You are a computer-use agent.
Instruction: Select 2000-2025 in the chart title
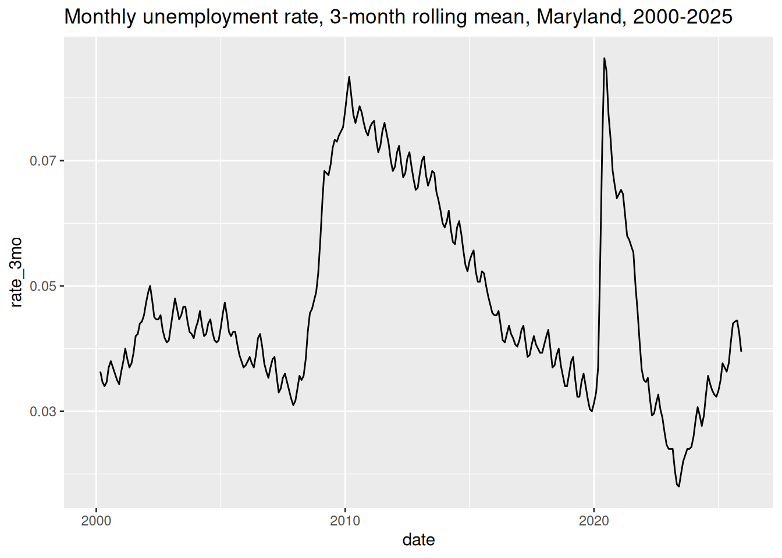coord(683,17)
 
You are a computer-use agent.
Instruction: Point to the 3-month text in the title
coord(368,17)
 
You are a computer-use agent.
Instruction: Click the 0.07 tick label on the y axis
coord(43,161)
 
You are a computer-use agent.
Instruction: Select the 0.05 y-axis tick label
coord(43,287)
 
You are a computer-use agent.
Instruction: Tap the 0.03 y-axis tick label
coord(43,412)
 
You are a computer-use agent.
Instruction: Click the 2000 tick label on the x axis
coord(96,521)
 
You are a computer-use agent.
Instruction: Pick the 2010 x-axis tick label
coord(345,521)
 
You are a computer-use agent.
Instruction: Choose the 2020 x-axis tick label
coord(594,521)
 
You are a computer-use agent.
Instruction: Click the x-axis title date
coord(418,540)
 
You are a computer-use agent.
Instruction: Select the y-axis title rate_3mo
coord(16,273)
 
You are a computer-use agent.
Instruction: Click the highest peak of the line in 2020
coord(605,58)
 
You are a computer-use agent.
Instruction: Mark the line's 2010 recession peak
coord(349,77)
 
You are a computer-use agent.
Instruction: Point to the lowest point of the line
coord(678,486)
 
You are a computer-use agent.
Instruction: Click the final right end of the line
coord(741,351)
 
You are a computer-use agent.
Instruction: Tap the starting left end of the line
coord(101,372)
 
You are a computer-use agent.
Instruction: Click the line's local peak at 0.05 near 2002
coord(150,286)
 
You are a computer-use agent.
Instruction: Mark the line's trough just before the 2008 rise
coord(294,405)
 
